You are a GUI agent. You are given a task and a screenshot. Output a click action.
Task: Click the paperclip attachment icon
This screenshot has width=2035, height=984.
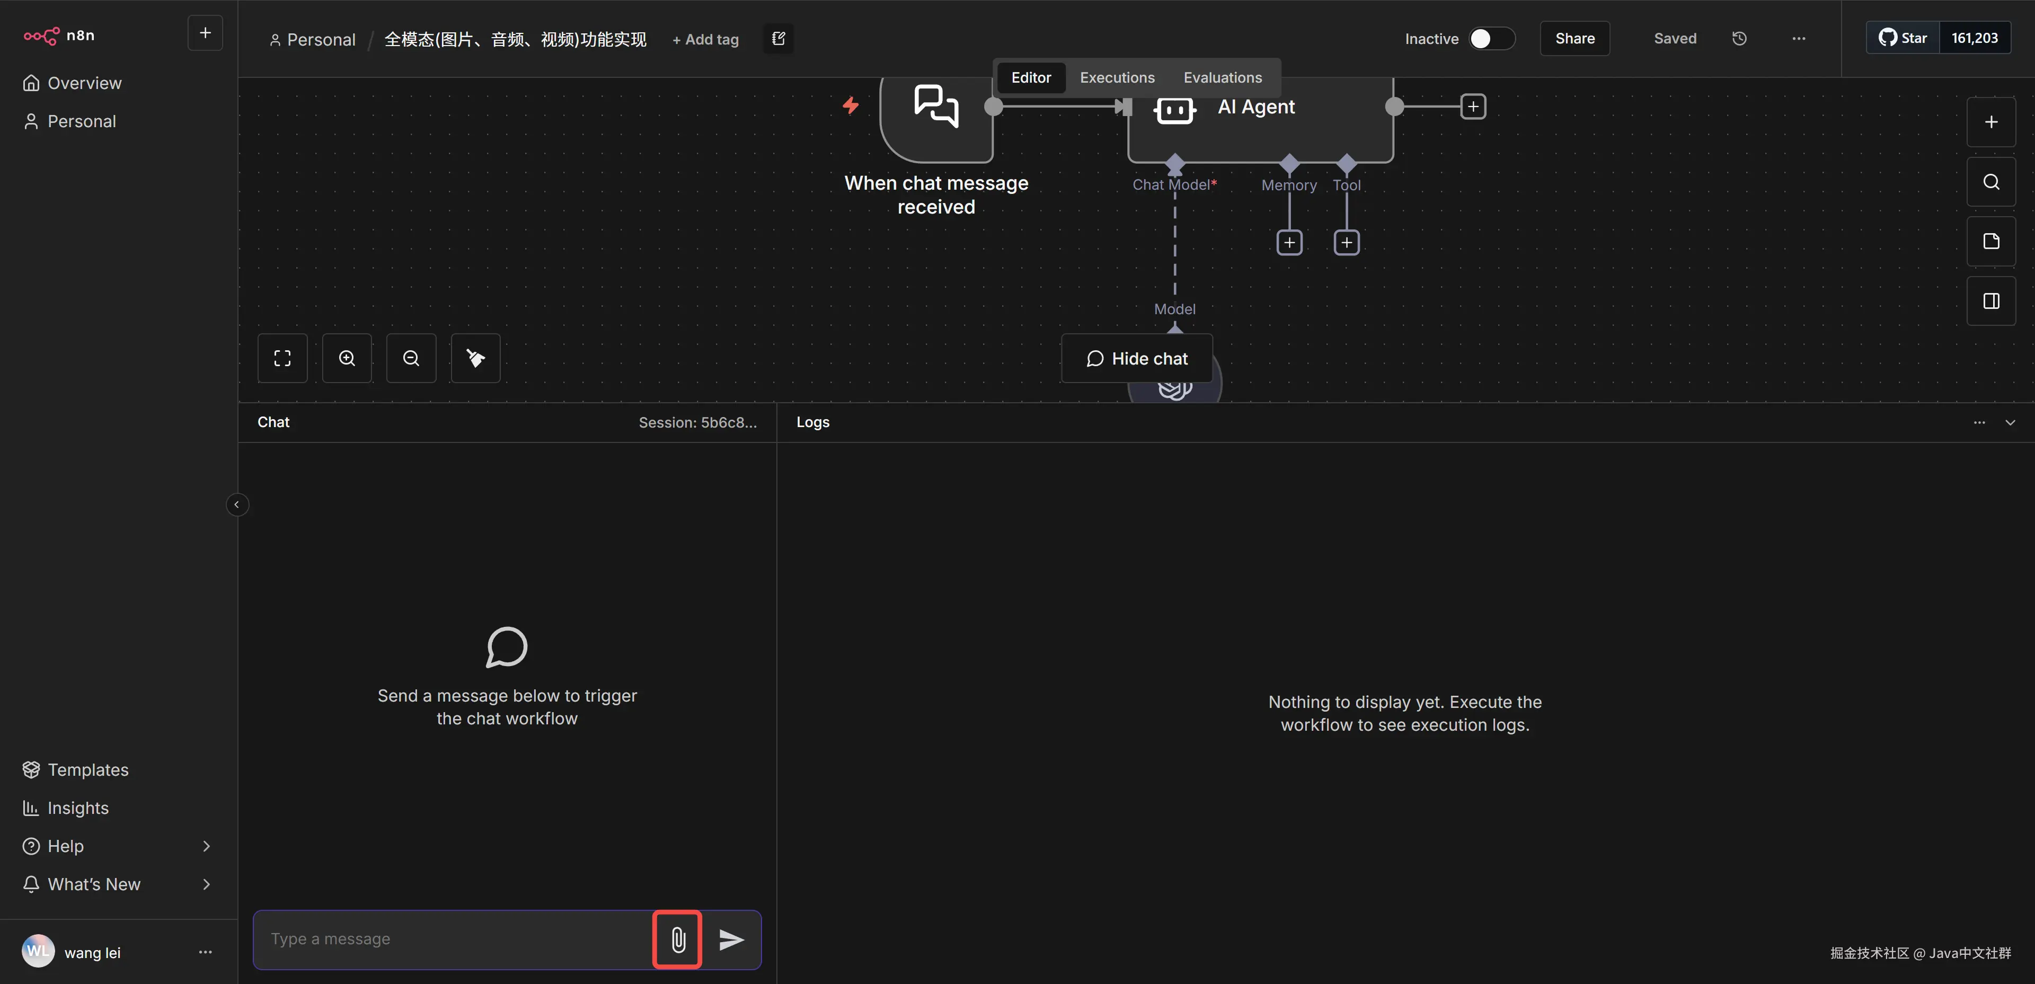678,939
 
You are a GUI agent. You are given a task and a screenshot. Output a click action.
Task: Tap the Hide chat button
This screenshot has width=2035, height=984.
1137,359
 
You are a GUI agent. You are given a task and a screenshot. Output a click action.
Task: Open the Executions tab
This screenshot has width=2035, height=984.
1117,77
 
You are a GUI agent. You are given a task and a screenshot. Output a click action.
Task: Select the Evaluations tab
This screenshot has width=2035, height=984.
1222,77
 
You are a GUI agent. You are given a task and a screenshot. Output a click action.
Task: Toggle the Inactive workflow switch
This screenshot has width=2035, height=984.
1491,39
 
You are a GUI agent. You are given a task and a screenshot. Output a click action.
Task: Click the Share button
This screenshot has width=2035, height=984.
1574,39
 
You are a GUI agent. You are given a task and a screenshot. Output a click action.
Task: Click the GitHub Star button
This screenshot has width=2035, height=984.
1903,38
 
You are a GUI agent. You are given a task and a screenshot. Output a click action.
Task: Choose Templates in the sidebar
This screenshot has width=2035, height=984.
87,769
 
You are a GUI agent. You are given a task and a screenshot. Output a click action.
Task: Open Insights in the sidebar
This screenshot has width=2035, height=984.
77,808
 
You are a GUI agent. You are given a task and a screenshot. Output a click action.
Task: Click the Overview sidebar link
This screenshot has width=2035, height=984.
84,83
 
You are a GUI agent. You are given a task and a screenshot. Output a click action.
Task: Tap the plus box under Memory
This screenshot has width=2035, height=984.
1289,243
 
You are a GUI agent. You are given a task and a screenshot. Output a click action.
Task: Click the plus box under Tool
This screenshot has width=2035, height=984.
1346,243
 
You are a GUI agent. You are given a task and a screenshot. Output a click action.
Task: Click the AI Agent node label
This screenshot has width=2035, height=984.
1256,107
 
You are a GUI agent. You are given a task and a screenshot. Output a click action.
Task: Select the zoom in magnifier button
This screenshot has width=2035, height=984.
347,359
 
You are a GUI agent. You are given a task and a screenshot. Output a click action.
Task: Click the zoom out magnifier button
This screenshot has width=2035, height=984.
411,359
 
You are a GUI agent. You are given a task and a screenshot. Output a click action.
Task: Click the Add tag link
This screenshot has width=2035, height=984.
705,40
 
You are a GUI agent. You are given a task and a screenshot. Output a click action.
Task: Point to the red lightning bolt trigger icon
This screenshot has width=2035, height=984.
851,105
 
